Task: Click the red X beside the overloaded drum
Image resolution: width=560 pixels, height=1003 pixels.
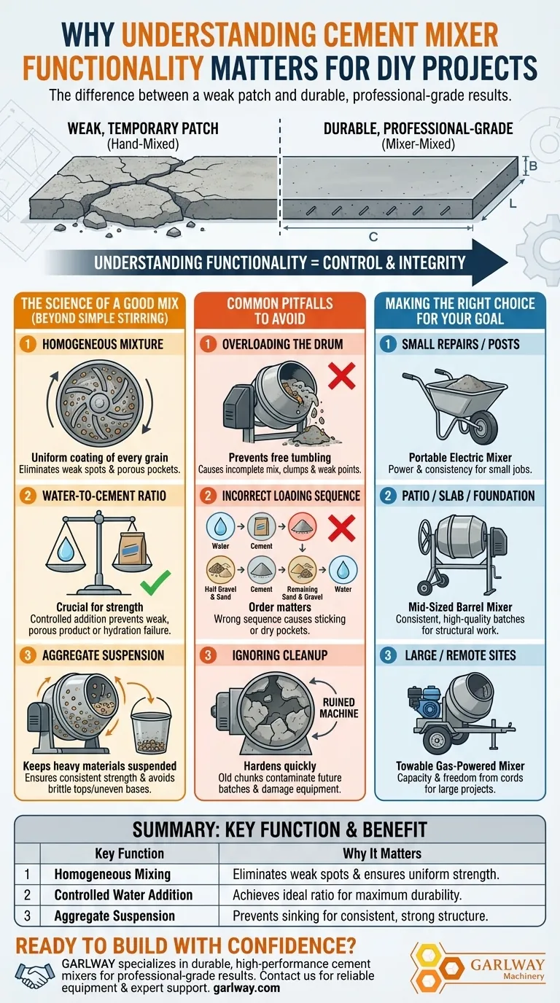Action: coord(342,375)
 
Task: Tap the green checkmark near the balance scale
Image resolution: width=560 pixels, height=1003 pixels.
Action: coord(155,582)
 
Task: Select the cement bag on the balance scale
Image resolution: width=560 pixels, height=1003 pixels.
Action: coord(132,549)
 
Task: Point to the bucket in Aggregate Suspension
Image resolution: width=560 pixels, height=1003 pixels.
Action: coord(151,726)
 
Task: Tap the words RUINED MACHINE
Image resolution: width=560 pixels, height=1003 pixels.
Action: coord(338,708)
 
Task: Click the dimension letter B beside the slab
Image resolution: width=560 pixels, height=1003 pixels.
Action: coord(533,166)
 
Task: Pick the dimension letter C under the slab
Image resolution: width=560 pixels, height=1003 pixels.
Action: coord(373,237)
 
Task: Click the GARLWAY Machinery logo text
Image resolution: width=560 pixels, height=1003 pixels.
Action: coord(507,969)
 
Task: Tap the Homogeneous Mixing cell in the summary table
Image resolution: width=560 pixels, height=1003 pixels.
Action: coord(112,874)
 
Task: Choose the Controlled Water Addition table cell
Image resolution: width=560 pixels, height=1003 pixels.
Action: coord(123,894)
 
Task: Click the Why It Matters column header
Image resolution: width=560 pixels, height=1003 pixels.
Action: coord(382,854)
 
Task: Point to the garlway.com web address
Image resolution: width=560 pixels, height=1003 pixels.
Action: coord(246,988)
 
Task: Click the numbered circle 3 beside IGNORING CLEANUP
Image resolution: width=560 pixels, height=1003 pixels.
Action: coord(208,655)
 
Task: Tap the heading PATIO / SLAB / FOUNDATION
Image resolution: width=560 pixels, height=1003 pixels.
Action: coord(468,496)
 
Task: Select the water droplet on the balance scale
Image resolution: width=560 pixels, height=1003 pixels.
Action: coord(66,549)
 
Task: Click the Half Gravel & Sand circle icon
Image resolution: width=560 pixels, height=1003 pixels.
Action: coord(220,570)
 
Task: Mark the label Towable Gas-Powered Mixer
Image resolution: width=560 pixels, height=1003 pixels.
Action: coord(460,765)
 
